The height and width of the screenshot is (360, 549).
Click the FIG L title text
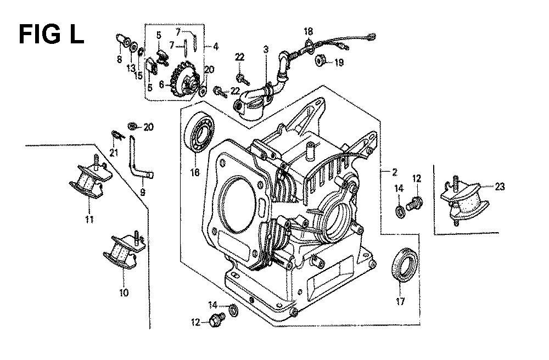tap(51, 34)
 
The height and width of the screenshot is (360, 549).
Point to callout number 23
tap(499, 187)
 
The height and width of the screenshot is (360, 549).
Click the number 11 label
tap(88, 220)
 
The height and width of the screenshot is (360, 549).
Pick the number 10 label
tap(124, 292)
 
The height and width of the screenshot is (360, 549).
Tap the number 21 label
tap(114, 153)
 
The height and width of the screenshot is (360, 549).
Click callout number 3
tap(266, 50)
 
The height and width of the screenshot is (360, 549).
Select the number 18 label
tap(308, 31)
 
